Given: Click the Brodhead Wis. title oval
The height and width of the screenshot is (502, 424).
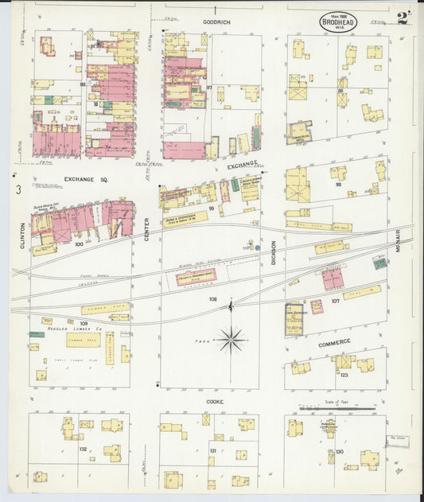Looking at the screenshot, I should (x=338, y=23).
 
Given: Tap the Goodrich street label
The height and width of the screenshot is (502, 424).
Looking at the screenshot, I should (x=216, y=22).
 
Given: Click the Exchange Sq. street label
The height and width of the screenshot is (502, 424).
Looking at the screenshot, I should (x=91, y=180).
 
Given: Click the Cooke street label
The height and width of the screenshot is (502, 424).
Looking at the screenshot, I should (x=215, y=402).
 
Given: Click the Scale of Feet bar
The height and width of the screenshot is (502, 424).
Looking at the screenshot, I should (x=337, y=410).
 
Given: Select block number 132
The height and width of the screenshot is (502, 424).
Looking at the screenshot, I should (x=83, y=449).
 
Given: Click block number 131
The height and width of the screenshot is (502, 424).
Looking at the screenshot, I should (x=212, y=451).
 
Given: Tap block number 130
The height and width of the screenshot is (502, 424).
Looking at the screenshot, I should (x=340, y=452).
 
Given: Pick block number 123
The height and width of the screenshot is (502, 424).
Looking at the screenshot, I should (x=344, y=374).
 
